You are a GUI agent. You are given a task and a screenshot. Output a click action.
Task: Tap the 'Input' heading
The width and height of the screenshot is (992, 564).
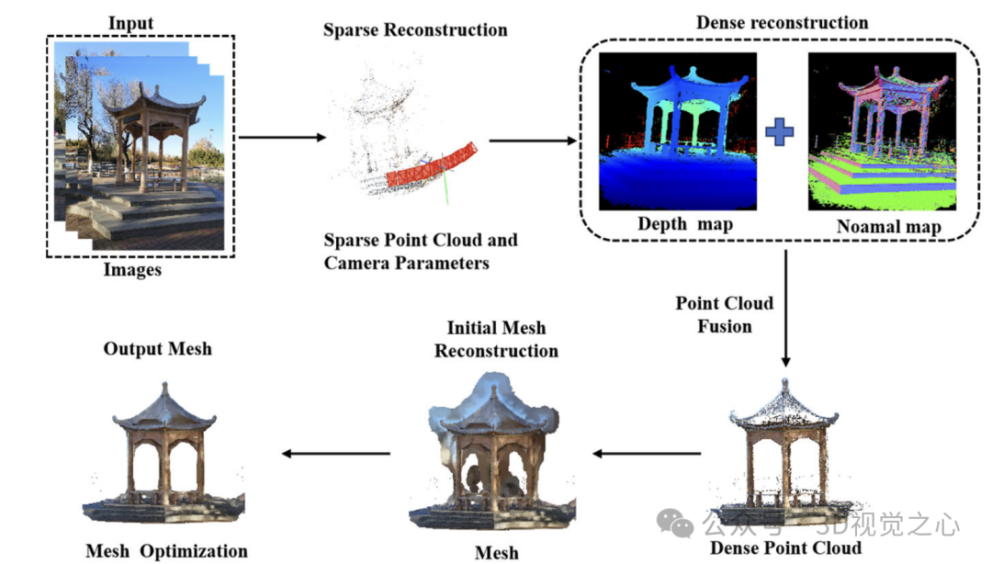coord(132,22)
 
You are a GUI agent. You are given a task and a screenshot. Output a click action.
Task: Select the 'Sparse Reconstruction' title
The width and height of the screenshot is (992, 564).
coord(415,29)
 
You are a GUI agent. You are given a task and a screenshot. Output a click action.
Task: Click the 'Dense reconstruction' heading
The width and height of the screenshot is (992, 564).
coord(782,22)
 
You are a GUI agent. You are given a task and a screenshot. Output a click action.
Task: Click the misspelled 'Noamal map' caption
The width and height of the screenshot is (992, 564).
coord(888,227)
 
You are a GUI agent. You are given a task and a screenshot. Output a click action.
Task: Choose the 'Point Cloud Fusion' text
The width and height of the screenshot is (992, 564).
coord(725,314)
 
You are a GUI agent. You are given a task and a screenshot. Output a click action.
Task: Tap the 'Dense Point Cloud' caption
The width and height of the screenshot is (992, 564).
coord(785,548)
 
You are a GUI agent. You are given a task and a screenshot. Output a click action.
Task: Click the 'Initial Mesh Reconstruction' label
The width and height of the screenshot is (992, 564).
coord(496,339)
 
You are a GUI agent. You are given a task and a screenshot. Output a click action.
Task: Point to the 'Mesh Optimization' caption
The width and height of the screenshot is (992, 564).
coord(166,551)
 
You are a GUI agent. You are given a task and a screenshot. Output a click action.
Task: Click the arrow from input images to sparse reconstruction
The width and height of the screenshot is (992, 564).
coord(282,138)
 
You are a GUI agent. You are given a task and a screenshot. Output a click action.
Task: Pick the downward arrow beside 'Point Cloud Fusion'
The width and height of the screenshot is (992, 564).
coord(786,309)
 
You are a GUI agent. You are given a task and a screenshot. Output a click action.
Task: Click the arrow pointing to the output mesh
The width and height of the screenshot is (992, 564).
coord(335,453)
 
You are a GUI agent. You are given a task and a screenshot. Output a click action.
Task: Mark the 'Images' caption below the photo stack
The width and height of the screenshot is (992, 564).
coord(132,270)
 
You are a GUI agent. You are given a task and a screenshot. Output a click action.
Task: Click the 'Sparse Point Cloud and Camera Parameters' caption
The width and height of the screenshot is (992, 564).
coord(420,252)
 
